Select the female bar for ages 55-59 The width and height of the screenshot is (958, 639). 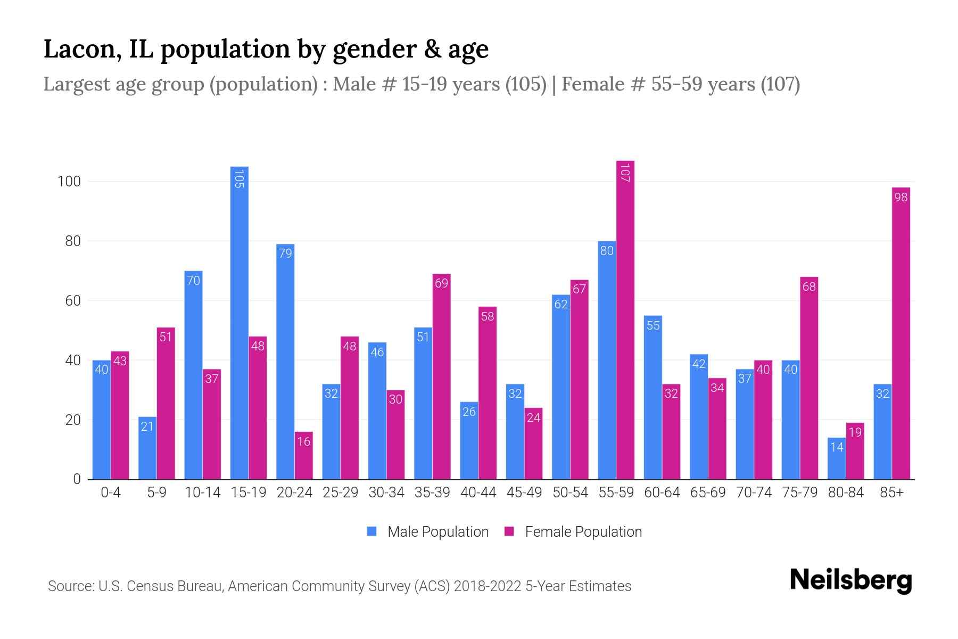(625, 319)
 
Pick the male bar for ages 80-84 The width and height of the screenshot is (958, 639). (837, 458)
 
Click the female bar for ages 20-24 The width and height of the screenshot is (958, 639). (304, 455)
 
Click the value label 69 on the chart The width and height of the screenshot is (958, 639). (441, 283)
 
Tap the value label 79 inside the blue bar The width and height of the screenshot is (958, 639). (285, 253)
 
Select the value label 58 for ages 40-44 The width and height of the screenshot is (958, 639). (487, 316)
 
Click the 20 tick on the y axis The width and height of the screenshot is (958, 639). (72, 420)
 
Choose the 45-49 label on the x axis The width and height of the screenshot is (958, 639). (524, 493)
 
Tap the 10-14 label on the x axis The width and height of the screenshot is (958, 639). (202, 493)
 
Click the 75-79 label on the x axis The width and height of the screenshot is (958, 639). (800, 493)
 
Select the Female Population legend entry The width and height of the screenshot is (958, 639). (573, 532)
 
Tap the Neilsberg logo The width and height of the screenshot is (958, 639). (851, 580)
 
